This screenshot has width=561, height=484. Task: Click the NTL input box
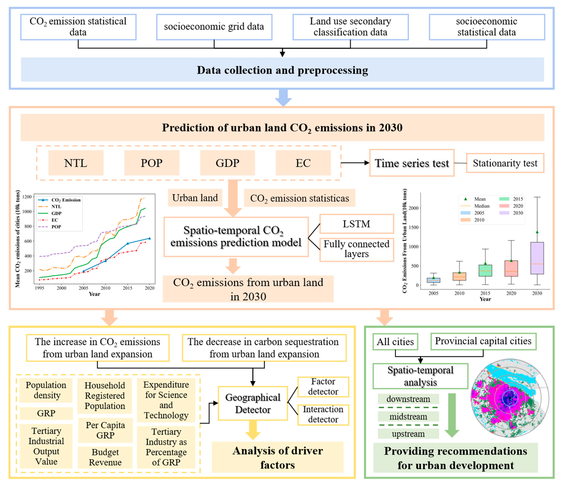[x=76, y=163]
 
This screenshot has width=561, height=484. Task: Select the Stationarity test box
[x=505, y=163]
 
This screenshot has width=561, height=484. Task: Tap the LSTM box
[x=356, y=224]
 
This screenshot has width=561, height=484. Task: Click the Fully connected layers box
[x=356, y=249]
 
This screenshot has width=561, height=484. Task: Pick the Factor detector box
[x=323, y=387]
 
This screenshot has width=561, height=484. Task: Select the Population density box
[x=46, y=390]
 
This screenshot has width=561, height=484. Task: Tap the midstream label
[x=408, y=417]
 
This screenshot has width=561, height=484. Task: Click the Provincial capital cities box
[x=483, y=341]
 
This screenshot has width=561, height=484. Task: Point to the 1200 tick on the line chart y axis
[x=27, y=197]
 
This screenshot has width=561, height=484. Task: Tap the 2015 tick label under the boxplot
[x=485, y=293]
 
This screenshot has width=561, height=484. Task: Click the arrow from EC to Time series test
[x=355, y=163]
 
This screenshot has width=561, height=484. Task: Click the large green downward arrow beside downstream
[x=452, y=415]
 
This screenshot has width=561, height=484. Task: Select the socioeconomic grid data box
[x=214, y=27]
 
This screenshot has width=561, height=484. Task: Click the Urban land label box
[x=195, y=198]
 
